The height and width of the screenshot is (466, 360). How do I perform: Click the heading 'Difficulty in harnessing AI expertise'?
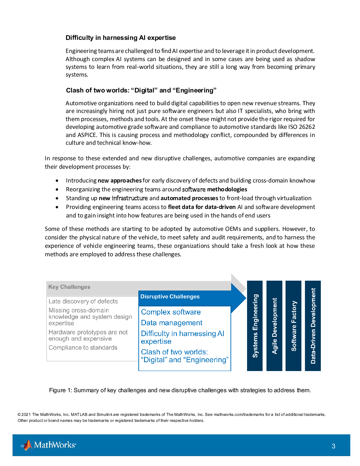coord(120,38)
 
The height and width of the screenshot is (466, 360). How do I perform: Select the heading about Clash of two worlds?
coord(141,90)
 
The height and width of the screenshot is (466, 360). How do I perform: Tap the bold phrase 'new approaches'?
coord(120,180)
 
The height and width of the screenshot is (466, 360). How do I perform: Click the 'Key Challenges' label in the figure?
coord(69,287)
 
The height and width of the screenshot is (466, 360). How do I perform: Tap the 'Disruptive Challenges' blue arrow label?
coord(170,297)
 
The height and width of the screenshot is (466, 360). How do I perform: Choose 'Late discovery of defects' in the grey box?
coord(83,301)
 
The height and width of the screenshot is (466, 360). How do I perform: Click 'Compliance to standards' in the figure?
coord(83,347)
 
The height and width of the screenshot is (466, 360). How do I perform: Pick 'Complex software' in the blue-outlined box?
coord(171,312)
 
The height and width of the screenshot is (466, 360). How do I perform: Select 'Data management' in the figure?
coord(172,323)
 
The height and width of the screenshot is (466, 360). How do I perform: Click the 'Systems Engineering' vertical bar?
coord(255,325)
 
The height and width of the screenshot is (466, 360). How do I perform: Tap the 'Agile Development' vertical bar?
coord(274,325)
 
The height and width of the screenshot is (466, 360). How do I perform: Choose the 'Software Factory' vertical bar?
coord(293,325)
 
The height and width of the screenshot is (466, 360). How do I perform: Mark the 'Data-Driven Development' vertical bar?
coord(313,325)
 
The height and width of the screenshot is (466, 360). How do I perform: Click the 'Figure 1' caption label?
coord(60,390)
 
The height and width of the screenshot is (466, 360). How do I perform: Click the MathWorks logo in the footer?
coord(48,445)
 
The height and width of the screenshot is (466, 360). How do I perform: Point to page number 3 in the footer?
coord(333,446)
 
